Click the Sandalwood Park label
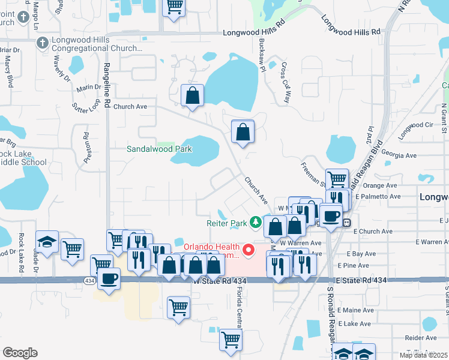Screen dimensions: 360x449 [x=160, y=149]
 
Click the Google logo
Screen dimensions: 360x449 [x=20, y=353]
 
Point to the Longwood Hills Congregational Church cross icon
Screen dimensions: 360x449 [x=42, y=43]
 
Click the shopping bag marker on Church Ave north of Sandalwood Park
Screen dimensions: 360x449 [x=192, y=95]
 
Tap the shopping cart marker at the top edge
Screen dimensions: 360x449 [x=173, y=7]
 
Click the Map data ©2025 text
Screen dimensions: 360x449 [x=423, y=355]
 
